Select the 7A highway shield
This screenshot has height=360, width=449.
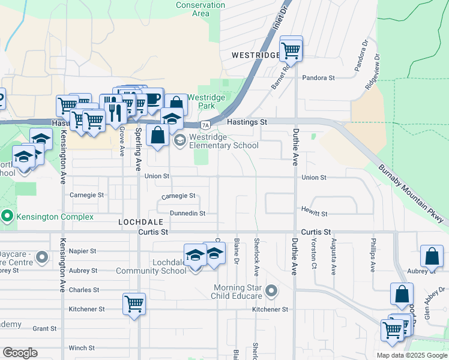coord(205,125)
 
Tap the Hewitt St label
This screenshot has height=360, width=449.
coord(315,214)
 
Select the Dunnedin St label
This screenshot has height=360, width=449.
coord(187,213)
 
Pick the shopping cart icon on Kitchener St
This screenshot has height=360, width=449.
coord(134,304)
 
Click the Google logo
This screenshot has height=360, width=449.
coord(20,353)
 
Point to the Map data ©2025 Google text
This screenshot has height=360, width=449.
coord(411,355)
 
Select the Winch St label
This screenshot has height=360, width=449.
coord(82,348)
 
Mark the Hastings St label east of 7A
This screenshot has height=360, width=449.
coord(247,122)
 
